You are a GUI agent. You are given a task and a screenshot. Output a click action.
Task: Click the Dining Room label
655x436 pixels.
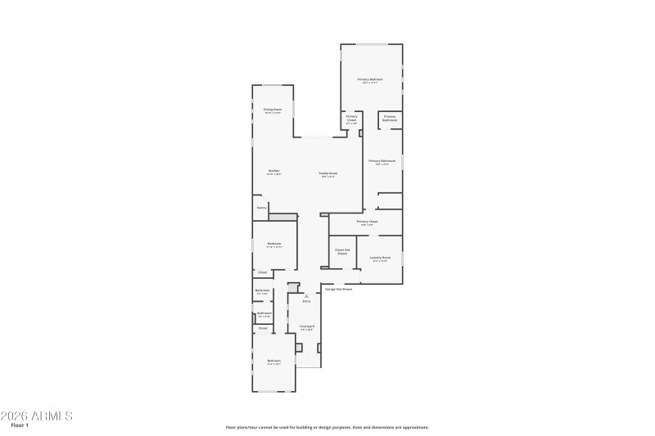(x=273, y=109)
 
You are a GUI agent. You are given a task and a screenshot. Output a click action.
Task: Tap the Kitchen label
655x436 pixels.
(x=273, y=171)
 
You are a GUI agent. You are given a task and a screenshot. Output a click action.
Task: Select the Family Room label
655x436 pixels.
(x=328, y=173)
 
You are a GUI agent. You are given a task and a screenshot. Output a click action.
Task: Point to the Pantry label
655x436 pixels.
(x=261, y=208)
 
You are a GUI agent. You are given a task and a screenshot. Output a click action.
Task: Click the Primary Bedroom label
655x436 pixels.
(x=370, y=79)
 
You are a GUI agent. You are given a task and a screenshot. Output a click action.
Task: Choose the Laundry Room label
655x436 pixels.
(x=380, y=258)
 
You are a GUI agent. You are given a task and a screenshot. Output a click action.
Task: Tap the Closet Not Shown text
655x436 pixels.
(x=342, y=251)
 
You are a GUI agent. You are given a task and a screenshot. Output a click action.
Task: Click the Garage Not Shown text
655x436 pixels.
(x=339, y=289)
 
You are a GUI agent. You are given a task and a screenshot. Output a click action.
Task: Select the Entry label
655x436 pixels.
(x=306, y=301)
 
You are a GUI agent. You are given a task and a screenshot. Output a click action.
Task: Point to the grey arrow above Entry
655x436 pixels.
(x=306, y=295)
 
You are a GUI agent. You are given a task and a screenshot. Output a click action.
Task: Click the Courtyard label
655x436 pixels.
(x=306, y=326)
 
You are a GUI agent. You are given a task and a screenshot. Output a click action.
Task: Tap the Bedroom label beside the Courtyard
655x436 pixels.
(x=273, y=361)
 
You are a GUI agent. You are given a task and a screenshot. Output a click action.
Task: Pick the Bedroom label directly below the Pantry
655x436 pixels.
(x=274, y=243)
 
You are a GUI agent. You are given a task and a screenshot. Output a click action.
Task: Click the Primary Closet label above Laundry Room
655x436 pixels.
(x=367, y=222)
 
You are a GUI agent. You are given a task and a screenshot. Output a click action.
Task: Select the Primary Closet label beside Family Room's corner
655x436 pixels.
(x=351, y=118)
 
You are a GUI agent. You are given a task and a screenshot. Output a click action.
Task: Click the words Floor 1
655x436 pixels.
(x=20, y=426)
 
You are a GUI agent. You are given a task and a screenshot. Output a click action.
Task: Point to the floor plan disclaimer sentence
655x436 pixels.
(x=327, y=427)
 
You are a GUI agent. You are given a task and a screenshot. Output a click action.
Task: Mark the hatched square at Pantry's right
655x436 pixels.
(x=282, y=216)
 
